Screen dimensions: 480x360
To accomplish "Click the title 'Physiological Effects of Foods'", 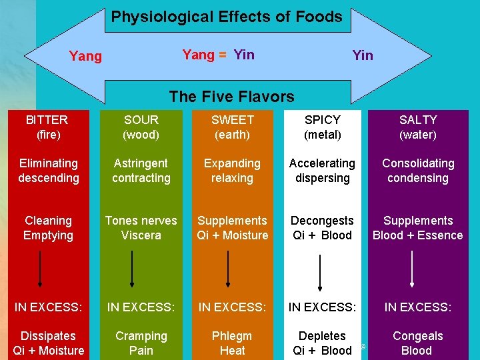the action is click(227, 17).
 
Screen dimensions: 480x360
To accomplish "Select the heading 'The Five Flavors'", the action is click(231, 96).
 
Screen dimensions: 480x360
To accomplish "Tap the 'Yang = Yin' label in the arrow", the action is click(218, 55).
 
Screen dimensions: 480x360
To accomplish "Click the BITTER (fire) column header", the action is click(47, 127).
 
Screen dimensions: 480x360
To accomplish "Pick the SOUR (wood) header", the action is click(141, 127).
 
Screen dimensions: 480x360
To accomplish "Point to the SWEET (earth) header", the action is click(232, 127).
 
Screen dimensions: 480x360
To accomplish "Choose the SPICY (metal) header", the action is click(322, 127).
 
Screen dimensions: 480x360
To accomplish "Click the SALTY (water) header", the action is click(418, 127).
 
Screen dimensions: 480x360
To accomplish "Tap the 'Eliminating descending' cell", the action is click(48, 171).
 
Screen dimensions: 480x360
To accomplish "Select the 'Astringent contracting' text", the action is click(141, 171).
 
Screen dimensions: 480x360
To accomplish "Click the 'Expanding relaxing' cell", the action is click(232, 171).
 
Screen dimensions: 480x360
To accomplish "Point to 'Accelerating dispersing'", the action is click(322, 171).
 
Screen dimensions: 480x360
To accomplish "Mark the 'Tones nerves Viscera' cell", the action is click(141, 228).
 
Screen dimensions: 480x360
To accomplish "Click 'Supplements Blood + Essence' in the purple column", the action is click(417, 228).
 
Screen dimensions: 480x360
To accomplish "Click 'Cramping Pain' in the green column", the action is click(141, 343).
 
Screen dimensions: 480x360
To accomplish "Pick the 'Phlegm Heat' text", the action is click(232, 343).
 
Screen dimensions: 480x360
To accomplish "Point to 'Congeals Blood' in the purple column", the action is click(417, 343).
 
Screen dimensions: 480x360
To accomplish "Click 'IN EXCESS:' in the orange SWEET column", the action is click(232, 307).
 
